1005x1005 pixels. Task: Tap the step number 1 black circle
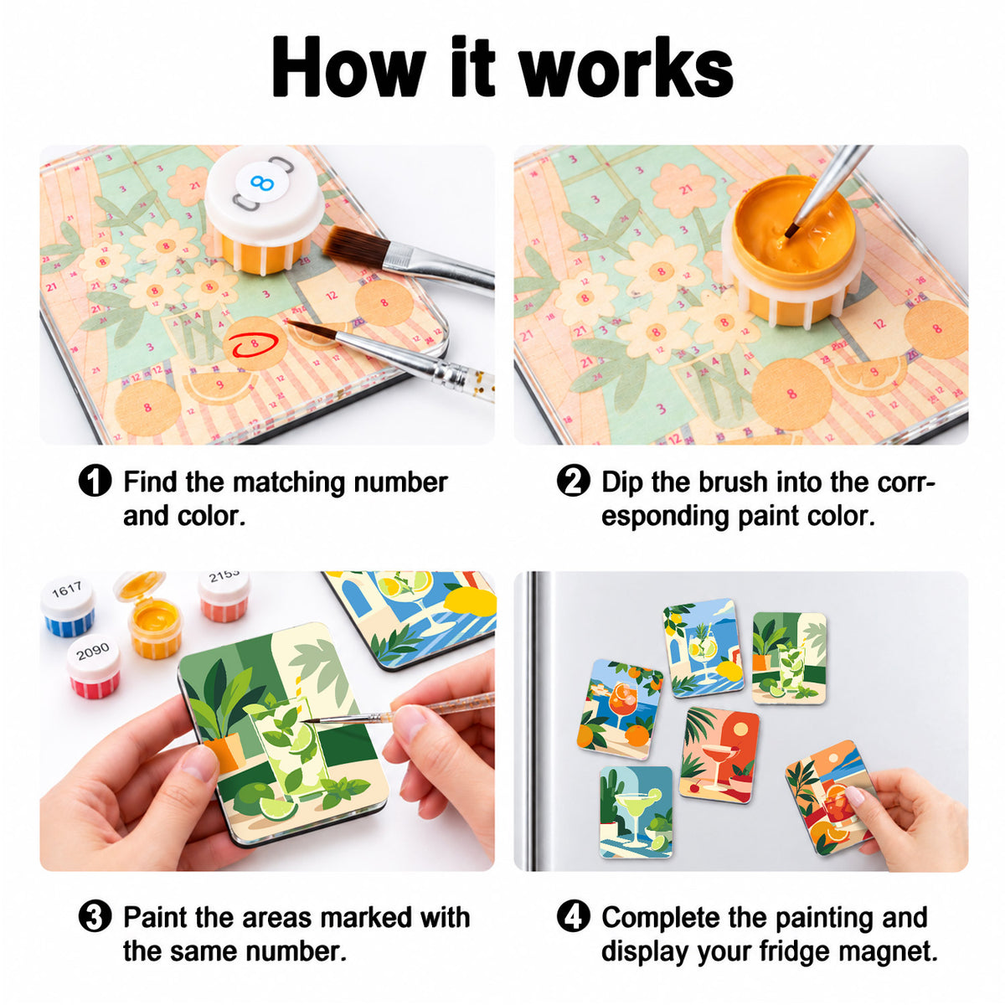click(95, 481)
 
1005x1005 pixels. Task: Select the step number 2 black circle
click(573, 481)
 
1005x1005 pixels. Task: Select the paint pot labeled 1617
click(69, 606)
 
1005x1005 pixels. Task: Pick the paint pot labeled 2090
click(94, 666)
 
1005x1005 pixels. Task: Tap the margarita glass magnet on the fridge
click(636, 812)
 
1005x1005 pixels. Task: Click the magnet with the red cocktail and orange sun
click(719, 755)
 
